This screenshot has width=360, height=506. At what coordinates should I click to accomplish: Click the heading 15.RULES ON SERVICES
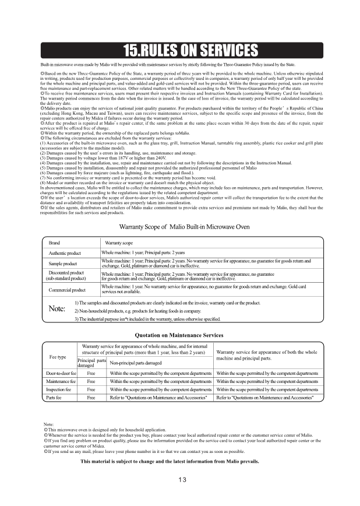(x=180, y=50)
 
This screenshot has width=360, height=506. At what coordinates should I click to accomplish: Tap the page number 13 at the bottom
(x=182, y=480)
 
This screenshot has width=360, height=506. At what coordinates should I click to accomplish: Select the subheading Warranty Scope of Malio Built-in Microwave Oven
(x=184, y=226)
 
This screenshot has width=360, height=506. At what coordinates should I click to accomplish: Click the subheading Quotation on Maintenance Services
(x=179, y=335)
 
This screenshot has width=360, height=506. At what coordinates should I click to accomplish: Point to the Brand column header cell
(x=54, y=243)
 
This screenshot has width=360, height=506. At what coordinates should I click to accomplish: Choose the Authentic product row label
(x=65, y=253)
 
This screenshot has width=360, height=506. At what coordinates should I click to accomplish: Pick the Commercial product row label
(x=67, y=290)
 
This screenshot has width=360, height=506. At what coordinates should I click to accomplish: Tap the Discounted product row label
(x=66, y=276)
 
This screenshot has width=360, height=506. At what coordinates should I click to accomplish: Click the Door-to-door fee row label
(x=61, y=373)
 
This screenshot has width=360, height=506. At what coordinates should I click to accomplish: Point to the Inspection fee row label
(x=61, y=389)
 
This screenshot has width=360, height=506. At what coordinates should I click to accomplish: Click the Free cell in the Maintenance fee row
(x=91, y=381)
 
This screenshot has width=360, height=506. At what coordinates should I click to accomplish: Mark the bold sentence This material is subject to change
(x=170, y=461)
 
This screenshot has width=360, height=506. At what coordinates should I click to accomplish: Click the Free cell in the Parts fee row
(x=91, y=397)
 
